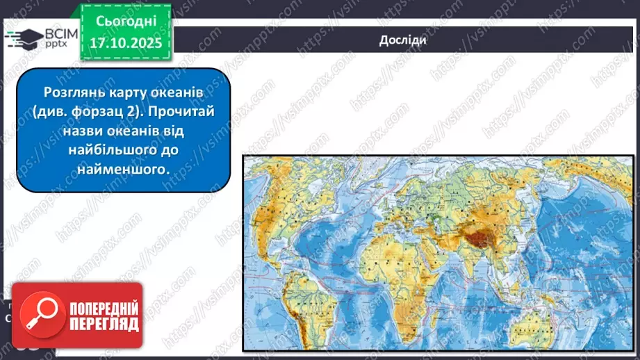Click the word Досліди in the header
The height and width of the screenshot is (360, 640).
click(x=402, y=40)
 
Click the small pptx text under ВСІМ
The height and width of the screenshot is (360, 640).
click(x=56, y=44)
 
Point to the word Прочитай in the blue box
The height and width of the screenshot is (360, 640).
click(x=183, y=111)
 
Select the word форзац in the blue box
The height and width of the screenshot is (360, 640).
click(x=116, y=111)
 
